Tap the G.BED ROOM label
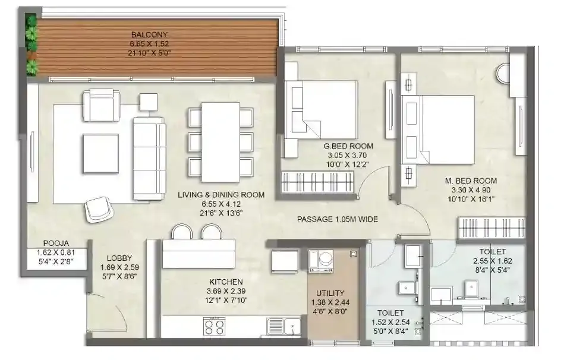pyautogui.click(x=348, y=146)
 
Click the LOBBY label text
pyautogui.click(x=119, y=258)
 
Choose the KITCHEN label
pyautogui.click(x=225, y=282)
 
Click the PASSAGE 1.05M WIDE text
pyautogui.click(x=338, y=219)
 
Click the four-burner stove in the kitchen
pyautogui.click(x=215, y=326)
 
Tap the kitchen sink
pyautogui.click(x=284, y=326)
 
